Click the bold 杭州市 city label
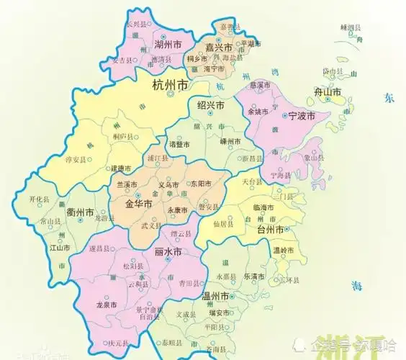171,86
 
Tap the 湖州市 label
167,45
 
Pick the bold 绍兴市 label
211,106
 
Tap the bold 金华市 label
139,204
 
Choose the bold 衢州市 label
79,213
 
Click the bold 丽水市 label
168,251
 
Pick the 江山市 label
60,248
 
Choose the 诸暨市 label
176,145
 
